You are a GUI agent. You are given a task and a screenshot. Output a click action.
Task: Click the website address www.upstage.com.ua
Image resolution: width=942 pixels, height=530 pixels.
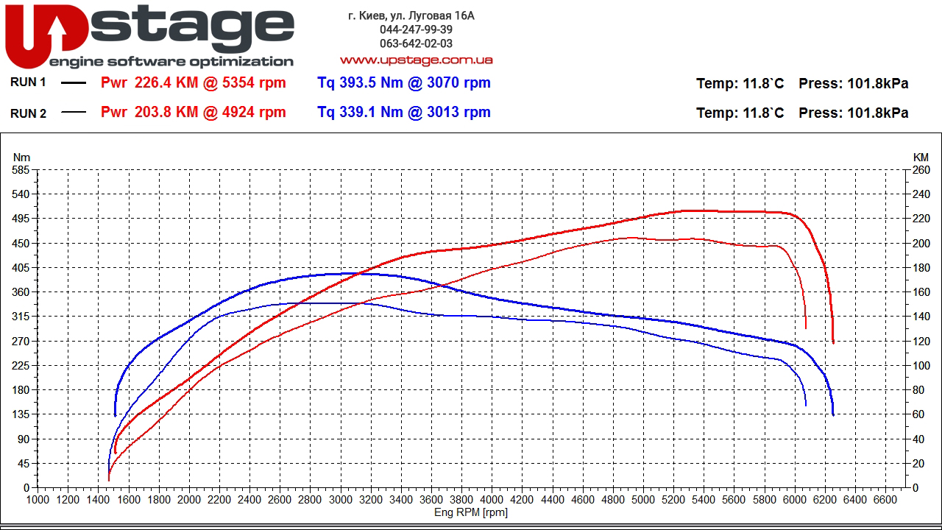coord(416,60)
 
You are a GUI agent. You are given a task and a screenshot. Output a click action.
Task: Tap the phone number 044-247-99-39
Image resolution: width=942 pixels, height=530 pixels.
coord(416,29)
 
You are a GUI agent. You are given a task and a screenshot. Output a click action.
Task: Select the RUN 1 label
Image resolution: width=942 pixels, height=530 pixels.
coord(28,82)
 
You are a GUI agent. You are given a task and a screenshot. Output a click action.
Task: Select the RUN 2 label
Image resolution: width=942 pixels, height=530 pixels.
coord(28,113)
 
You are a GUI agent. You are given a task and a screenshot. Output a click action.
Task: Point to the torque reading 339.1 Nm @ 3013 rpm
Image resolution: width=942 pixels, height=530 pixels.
coord(403,112)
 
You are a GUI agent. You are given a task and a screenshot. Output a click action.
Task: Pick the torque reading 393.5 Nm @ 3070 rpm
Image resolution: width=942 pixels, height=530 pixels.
coord(403,82)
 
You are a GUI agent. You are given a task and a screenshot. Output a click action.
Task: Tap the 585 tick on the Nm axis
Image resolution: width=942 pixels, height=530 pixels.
coord(21,170)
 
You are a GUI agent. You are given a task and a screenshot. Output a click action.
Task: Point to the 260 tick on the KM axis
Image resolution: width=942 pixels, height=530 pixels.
coord(921,170)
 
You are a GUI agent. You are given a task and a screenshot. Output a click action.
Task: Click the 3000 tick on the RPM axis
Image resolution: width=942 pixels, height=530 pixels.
coord(340,500)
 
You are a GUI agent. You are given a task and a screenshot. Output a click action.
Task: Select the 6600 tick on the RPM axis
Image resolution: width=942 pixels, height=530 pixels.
coord(885,500)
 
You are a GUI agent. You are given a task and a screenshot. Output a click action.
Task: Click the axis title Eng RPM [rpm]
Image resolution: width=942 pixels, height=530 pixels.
coord(471,512)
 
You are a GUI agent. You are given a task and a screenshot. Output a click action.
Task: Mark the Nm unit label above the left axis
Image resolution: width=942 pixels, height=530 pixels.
coord(22,157)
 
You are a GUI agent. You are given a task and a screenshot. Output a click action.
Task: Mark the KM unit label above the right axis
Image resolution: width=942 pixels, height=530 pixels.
coord(921,157)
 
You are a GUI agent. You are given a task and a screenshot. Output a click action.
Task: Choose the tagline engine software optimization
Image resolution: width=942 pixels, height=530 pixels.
coord(171,62)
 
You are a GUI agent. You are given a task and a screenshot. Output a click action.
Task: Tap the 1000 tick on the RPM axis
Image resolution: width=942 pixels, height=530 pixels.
coord(38,500)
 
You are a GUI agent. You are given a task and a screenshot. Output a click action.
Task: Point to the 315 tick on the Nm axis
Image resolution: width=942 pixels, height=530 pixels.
coord(21,317)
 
